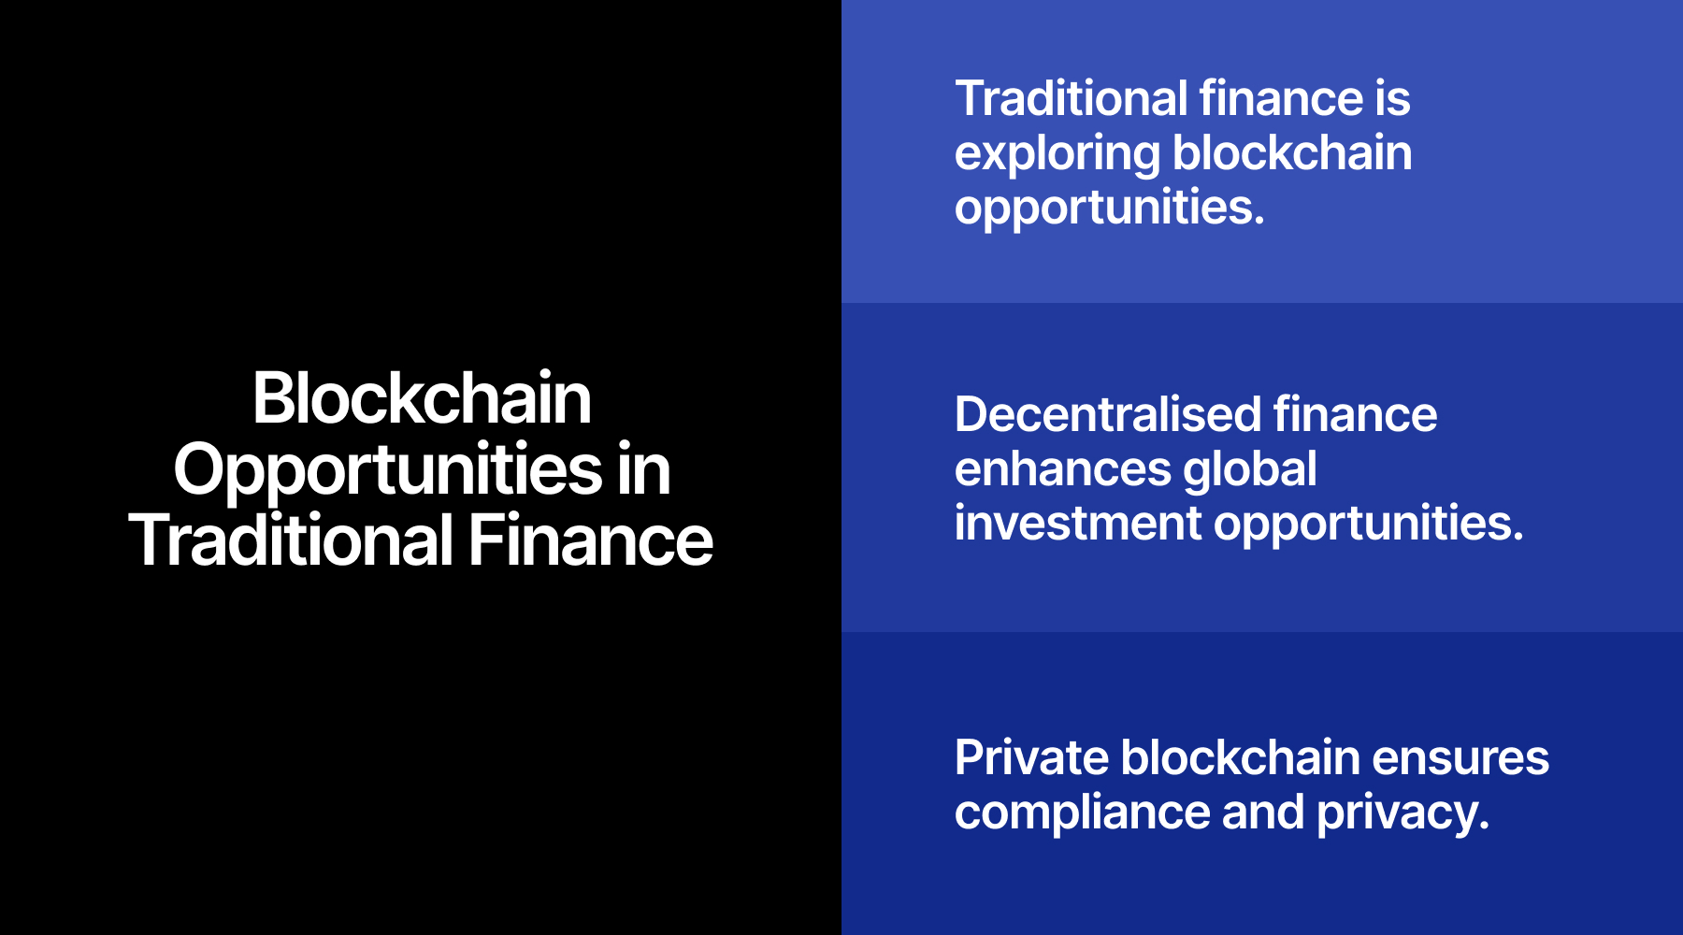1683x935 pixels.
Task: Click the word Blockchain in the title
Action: (422, 398)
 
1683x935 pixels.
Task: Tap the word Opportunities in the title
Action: (388, 470)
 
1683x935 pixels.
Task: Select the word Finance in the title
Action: (590, 541)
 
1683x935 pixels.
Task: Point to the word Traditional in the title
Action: (291, 541)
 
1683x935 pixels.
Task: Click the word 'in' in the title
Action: (643, 470)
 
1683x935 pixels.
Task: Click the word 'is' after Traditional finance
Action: (1392, 99)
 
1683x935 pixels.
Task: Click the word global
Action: (1250, 468)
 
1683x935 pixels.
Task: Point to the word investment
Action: (1078, 523)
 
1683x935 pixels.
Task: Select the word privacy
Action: (1402, 813)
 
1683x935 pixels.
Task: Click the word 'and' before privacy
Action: (1263, 813)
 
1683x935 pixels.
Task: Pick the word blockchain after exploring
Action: (1293, 153)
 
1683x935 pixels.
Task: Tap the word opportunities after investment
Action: (1369, 524)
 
